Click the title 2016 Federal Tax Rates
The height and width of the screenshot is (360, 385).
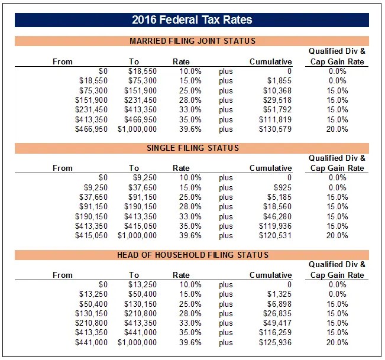(192, 20)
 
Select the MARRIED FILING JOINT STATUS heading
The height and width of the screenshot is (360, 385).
(192, 41)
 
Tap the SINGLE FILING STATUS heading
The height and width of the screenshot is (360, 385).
(192, 148)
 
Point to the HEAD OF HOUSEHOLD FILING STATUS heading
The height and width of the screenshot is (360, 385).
(192, 255)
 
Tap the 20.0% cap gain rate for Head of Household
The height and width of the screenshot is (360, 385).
(337, 342)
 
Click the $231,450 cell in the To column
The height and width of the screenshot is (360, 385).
(140, 100)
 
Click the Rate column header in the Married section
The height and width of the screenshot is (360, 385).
(181, 61)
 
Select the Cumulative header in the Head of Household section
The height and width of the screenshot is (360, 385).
(271, 275)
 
